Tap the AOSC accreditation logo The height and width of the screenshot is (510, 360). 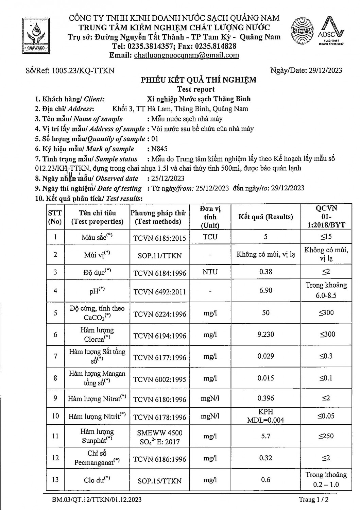(x=331, y=31)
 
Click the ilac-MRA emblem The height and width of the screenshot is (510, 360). (x=302, y=31)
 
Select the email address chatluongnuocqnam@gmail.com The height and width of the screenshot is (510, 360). (x=187, y=55)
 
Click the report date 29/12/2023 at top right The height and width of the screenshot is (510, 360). (x=325, y=70)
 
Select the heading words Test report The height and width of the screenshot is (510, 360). (x=196, y=89)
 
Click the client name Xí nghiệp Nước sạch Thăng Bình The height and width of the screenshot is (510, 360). (x=199, y=99)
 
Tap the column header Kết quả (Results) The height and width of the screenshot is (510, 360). (x=265, y=217)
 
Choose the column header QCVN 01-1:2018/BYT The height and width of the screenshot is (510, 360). (x=326, y=217)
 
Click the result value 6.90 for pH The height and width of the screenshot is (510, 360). (x=265, y=290)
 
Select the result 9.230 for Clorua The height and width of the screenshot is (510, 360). (x=265, y=334)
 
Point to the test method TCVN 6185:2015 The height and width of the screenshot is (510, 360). (x=159, y=238)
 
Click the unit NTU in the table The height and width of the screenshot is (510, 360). (x=210, y=272)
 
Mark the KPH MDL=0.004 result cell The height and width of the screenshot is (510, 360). (x=265, y=416)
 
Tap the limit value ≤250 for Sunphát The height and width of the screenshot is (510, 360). (x=326, y=436)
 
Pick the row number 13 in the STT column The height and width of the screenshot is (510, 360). (x=55, y=480)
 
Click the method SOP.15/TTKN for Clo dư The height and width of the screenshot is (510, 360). (x=159, y=481)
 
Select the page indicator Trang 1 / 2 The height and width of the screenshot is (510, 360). (x=313, y=499)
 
